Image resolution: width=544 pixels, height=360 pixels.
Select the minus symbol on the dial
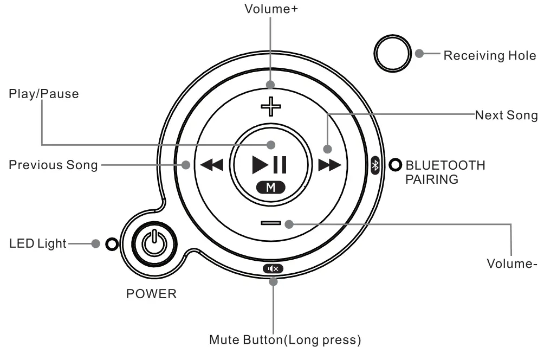pyautogui.click(x=270, y=223)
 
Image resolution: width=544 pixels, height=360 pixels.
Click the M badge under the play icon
pyautogui.click(x=271, y=188)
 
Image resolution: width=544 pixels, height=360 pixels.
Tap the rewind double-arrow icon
pyautogui.click(x=211, y=165)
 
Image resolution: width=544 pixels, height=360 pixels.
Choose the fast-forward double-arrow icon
pyautogui.click(x=329, y=165)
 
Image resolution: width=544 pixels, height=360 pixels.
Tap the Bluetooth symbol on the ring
pyautogui.click(x=375, y=165)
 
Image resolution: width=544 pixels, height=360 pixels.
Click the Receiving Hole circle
pyautogui.click(x=392, y=54)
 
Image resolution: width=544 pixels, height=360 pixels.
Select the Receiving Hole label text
pyautogui.click(x=490, y=55)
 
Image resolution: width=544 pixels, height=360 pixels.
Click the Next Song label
pyautogui.click(x=506, y=115)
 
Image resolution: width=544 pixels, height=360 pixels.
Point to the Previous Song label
pyautogui.click(x=53, y=165)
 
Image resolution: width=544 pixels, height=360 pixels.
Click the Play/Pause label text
pyautogui.click(x=43, y=94)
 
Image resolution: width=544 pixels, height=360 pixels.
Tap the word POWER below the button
pyautogui.click(x=151, y=294)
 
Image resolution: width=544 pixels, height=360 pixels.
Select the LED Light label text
pyautogui.click(x=37, y=243)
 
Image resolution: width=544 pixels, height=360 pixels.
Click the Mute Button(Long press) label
pyautogui.click(x=285, y=340)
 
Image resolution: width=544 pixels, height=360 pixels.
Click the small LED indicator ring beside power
pyautogui.click(x=112, y=244)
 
